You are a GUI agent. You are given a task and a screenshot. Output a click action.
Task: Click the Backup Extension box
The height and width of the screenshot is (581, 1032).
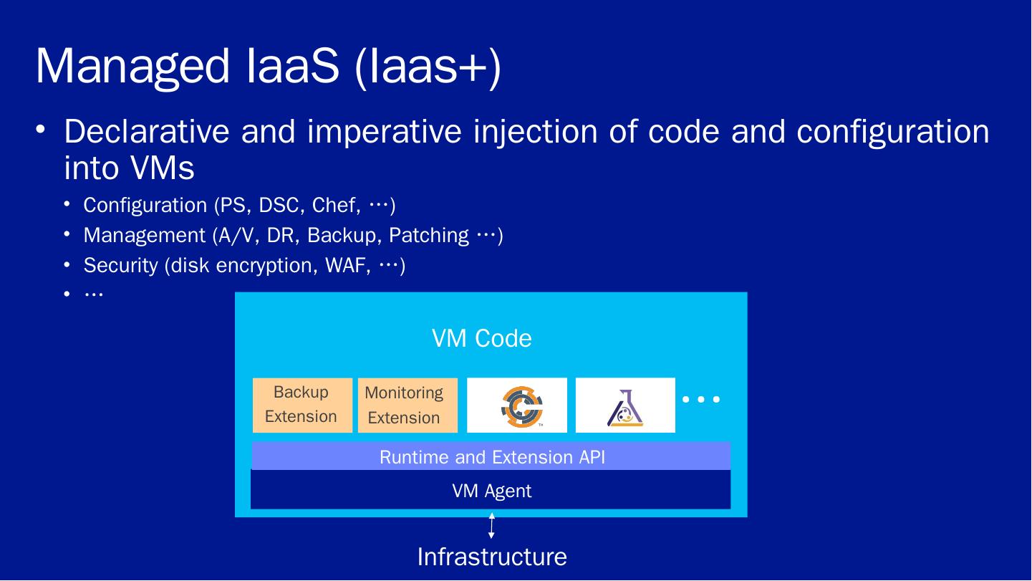[302, 405]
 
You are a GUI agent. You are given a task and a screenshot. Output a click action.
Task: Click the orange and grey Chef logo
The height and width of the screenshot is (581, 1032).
[521, 406]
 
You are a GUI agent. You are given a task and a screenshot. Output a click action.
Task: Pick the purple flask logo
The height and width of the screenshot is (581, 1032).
[624, 406]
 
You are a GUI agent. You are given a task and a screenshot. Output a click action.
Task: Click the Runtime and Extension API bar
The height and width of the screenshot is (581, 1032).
[491, 457]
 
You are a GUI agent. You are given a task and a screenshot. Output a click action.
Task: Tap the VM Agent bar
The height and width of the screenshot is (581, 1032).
[491, 491]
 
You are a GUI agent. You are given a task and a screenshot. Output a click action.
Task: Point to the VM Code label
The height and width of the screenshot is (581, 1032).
[481, 338]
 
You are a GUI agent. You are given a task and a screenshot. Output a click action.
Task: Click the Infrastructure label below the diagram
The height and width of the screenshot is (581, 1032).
[491, 557]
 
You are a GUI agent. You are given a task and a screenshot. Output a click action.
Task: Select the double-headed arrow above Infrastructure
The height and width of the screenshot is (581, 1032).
[491, 526]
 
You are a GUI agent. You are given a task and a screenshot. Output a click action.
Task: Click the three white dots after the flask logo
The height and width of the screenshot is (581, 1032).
[701, 399]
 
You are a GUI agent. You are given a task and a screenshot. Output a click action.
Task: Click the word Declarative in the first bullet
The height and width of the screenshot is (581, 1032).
[147, 132]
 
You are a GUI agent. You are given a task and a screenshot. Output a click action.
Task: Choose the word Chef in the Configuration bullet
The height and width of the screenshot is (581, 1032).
[333, 206]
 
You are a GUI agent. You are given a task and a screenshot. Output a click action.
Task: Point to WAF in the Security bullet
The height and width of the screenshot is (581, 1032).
[348, 266]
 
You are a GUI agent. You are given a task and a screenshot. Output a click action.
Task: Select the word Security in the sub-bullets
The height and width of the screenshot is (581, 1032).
[120, 266]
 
